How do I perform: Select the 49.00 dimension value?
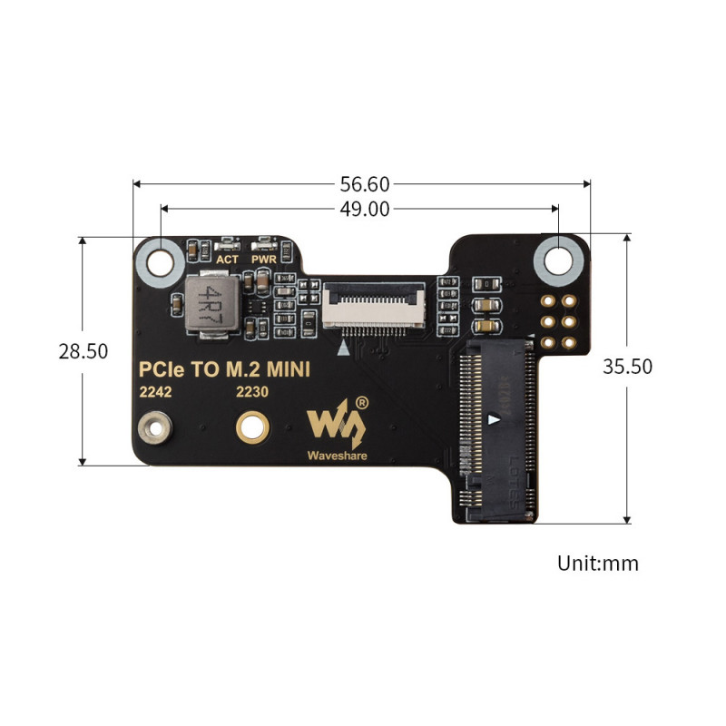pos(365,209)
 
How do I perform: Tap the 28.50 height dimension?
pos(83,351)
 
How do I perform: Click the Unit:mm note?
pos(597,563)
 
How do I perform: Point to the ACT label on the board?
pos(227,260)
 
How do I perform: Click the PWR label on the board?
pos(264,260)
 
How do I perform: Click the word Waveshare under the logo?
pos(337,456)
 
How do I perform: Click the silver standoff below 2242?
pos(153,427)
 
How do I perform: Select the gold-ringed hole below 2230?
pos(250,426)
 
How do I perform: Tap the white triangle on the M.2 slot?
pos(493,420)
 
